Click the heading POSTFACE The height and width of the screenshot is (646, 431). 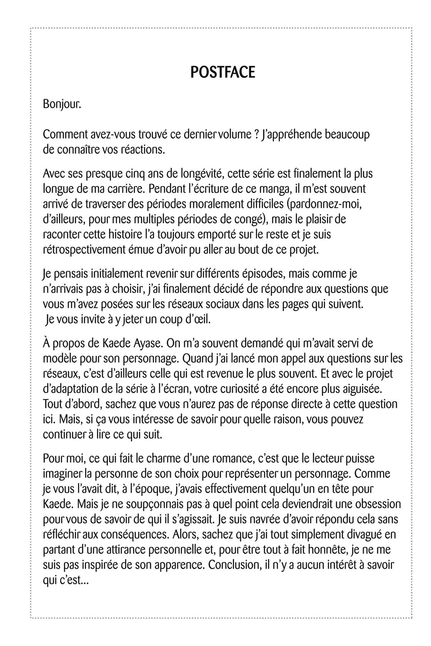223,72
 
